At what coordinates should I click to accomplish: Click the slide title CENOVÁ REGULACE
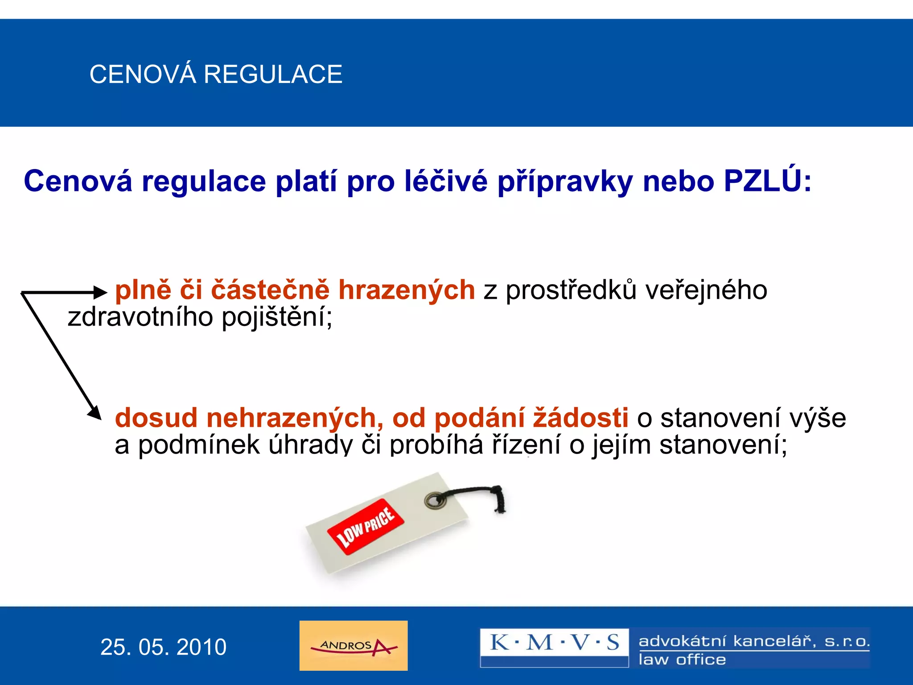[216, 74]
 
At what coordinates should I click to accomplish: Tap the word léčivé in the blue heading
[446, 181]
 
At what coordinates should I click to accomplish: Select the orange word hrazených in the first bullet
[407, 290]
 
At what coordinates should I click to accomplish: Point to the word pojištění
[277, 318]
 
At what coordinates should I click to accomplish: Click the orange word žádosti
[581, 418]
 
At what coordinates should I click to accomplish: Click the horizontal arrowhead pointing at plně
[101, 293]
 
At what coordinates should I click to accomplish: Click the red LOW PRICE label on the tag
[366, 527]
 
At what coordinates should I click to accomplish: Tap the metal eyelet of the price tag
[435, 500]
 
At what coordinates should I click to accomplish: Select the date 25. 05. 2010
[163, 647]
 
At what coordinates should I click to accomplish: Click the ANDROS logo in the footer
[354, 646]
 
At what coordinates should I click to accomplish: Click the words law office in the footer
[682, 660]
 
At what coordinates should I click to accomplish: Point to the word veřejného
[706, 290]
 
